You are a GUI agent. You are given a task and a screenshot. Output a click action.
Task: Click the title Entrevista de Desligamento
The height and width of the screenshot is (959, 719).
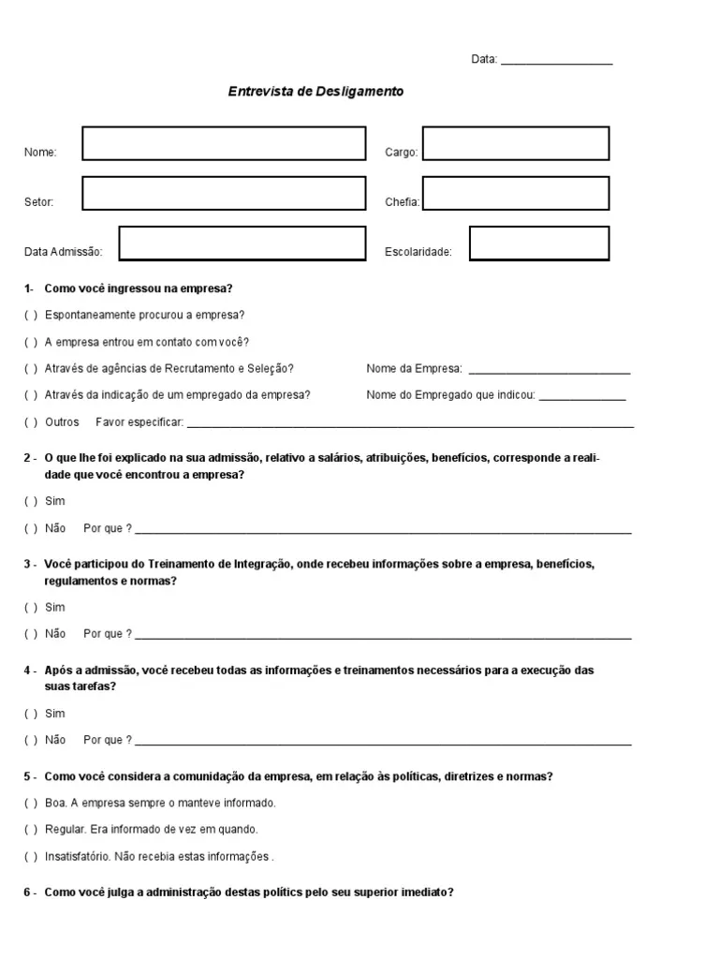[316, 92]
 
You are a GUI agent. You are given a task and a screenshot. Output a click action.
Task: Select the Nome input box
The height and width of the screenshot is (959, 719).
[224, 143]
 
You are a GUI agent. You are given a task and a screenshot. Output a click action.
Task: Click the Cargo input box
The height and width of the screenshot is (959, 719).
[515, 143]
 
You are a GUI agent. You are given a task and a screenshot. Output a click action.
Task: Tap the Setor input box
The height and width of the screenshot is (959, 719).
[224, 193]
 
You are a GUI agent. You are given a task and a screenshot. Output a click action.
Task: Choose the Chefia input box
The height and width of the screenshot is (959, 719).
[515, 193]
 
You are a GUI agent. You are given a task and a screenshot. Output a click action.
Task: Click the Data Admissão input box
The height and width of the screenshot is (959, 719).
[242, 243]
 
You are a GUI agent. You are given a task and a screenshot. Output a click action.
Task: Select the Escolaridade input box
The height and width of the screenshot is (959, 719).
[538, 243]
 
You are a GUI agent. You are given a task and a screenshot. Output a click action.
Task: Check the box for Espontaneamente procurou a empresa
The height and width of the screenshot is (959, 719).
[31, 315]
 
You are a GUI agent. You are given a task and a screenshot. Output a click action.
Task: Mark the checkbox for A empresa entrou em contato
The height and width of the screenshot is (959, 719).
[31, 342]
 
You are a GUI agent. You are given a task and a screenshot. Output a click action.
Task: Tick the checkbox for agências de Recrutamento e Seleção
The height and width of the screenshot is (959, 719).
[31, 369]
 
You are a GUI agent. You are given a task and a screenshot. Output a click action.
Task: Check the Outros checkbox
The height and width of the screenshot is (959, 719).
[31, 422]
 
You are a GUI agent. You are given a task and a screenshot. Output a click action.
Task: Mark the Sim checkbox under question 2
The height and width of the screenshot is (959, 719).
[31, 501]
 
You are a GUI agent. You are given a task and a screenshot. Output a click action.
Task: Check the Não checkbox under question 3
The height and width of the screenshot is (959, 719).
[31, 634]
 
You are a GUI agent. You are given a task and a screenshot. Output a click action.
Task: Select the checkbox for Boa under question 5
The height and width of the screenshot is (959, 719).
[31, 803]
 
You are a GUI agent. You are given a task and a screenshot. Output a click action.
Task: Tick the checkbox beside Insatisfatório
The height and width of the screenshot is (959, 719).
[31, 856]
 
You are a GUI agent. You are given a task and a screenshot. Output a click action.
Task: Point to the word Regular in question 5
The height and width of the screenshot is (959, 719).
[65, 830]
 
